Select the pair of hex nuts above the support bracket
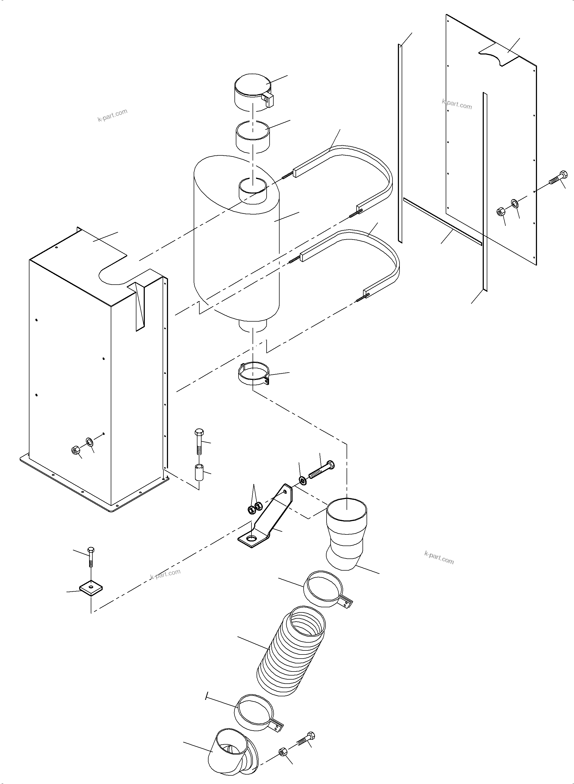coord(254,509)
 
